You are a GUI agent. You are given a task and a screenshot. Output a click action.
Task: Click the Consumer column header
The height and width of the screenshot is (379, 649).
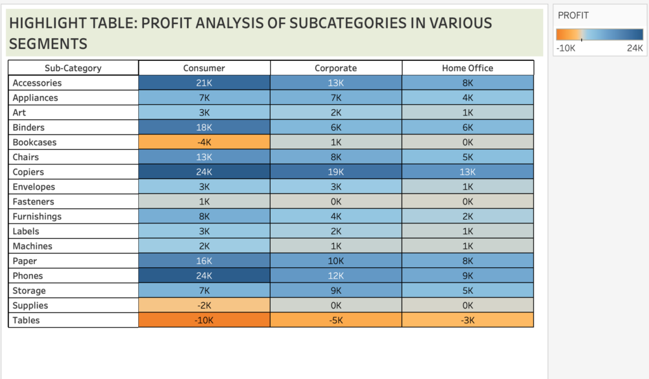point(204,68)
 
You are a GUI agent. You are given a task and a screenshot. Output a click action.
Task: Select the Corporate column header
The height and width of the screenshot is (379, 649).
point(336,68)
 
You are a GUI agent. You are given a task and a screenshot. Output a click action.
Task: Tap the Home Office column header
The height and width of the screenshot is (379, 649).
point(468,68)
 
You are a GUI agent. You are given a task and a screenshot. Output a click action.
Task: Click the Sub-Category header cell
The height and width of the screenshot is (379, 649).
point(73,68)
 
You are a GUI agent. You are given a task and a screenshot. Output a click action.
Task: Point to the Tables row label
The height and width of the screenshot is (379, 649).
point(26,320)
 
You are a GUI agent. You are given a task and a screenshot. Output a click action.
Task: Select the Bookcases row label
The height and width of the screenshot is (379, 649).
point(34,142)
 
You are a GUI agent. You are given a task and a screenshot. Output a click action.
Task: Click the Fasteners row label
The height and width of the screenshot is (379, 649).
point(33,201)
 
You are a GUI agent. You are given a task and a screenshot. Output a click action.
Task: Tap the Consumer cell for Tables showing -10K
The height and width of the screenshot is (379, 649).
point(204,320)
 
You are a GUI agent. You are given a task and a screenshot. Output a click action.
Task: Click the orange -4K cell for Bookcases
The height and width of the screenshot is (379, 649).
point(204,142)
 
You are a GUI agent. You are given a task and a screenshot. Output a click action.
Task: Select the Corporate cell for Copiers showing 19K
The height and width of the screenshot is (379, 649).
point(336,172)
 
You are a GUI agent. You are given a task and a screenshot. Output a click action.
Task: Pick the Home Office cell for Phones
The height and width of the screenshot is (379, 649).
point(468,276)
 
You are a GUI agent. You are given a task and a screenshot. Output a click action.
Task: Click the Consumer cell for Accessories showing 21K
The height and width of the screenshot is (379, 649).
point(204,83)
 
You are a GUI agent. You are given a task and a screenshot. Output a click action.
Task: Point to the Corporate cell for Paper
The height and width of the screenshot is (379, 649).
point(336,261)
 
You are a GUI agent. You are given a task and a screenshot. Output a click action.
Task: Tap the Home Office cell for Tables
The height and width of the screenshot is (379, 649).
point(468,320)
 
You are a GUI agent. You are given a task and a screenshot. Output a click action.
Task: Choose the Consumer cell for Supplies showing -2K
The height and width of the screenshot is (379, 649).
point(204,305)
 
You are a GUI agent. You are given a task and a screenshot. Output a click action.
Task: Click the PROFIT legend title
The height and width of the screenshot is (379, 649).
point(574,15)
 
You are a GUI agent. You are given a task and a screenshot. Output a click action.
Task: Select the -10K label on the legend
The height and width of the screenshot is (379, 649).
point(565,48)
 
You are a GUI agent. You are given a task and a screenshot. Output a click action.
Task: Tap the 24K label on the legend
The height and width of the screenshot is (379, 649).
point(635,48)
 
